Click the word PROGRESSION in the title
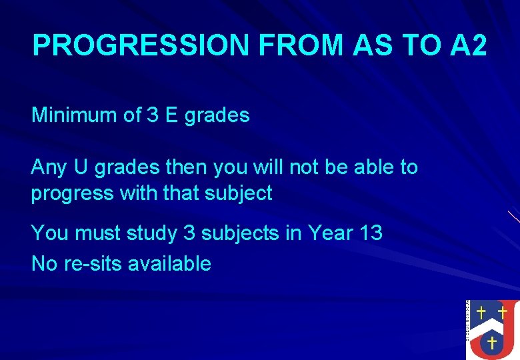141,45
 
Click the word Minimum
75,115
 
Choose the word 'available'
169,263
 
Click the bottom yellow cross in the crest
492,343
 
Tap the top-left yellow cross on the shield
481,312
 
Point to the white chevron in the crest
492,325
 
